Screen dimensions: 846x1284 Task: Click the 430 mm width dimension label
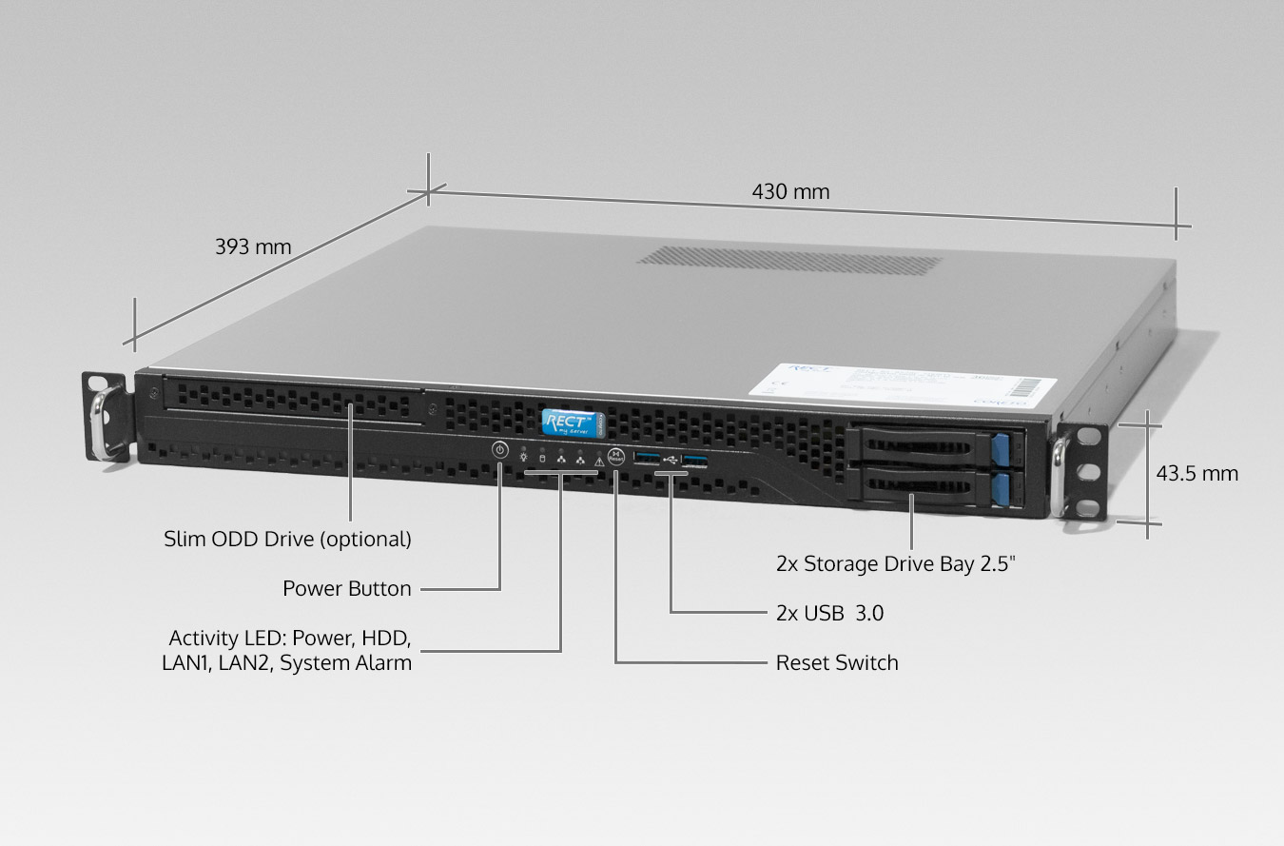pyautogui.click(x=790, y=192)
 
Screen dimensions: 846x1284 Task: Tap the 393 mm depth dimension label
pyautogui.click(x=253, y=247)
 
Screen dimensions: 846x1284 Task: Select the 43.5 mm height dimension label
pyautogui.click(x=1196, y=473)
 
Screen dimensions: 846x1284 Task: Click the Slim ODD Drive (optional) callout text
pyautogui.click(x=287, y=539)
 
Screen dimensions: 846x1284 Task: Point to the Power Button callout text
pyautogui.click(x=347, y=588)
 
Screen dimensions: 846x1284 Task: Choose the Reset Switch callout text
pyautogui.click(x=837, y=662)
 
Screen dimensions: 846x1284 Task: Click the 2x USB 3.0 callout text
pyautogui.click(x=829, y=613)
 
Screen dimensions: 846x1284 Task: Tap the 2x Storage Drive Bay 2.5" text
pyautogui.click(x=896, y=563)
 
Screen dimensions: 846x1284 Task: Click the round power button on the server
pyautogui.click(x=500, y=450)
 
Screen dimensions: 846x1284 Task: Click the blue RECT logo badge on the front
pyautogui.click(x=567, y=422)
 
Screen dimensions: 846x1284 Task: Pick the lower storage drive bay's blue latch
pyautogui.click(x=1000, y=489)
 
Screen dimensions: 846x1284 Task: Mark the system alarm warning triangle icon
pyautogui.click(x=599, y=462)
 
